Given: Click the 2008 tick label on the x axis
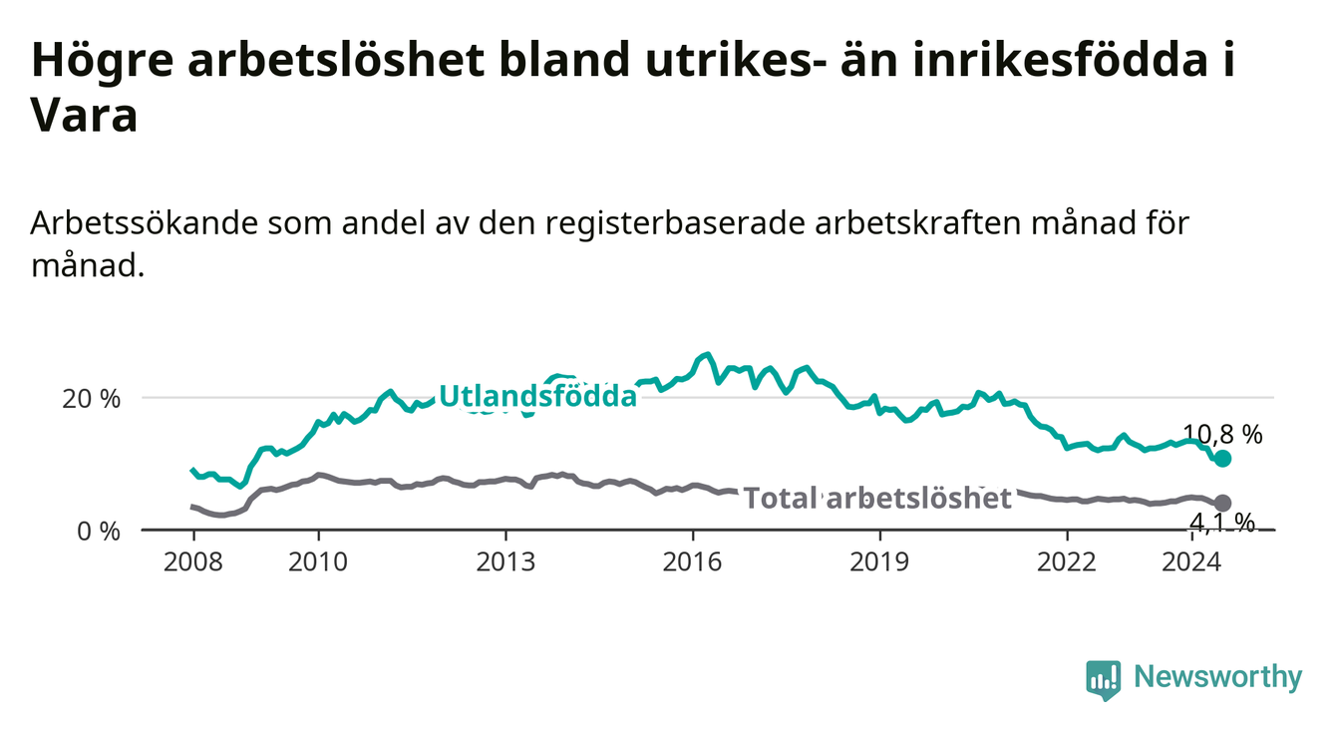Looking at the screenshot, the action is click(x=193, y=562).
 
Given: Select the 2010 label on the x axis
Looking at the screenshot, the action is click(x=318, y=562).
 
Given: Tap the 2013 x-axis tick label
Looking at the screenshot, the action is click(x=505, y=562).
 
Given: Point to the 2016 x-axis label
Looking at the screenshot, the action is click(x=693, y=562).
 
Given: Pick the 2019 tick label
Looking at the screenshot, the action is click(x=879, y=562).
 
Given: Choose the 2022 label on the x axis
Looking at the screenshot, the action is click(x=1067, y=562).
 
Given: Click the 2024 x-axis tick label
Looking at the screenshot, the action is click(x=1191, y=562).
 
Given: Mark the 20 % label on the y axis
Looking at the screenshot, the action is click(x=92, y=399).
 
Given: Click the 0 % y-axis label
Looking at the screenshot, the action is click(x=99, y=531).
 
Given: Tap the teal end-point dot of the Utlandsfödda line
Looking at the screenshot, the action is click(x=1222, y=458).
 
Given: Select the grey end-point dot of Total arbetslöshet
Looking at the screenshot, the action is click(x=1222, y=503).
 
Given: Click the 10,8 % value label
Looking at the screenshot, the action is click(x=1222, y=434).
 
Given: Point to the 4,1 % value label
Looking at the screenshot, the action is click(x=1222, y=524).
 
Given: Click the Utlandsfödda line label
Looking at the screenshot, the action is click(x=538, y=396).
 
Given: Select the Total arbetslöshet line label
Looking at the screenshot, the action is click(x=878, y=499).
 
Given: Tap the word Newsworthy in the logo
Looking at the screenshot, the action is click(x=1218, y=677).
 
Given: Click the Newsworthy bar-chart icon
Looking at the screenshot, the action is click(x=1104, y=680).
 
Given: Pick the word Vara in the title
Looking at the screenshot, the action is click(x=84, y=116).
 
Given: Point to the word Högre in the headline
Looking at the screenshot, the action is click(x=102, y=61).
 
